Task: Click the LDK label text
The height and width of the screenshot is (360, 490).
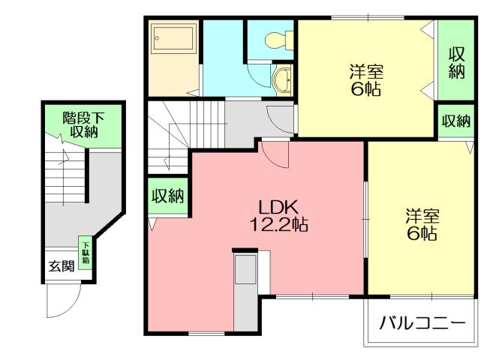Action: click(x=279, y=206)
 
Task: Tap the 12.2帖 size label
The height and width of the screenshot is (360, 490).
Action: click(x=281, y=223)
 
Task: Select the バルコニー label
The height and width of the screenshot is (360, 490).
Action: click(x=421, y=324)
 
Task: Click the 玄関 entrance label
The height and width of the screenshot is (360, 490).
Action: click(x=62, y=266)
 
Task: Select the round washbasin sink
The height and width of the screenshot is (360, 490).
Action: click(x=284, y=80)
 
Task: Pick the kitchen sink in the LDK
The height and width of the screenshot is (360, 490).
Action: click(x=245, y=271)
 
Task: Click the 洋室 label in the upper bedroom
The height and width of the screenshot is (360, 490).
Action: click(x=366, y=73)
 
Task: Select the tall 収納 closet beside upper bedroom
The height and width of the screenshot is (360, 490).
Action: click(x=456, y=63)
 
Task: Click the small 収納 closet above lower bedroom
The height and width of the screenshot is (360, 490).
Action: click(x=455, y=121)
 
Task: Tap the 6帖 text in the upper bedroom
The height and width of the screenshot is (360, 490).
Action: click(x=365, y=91)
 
